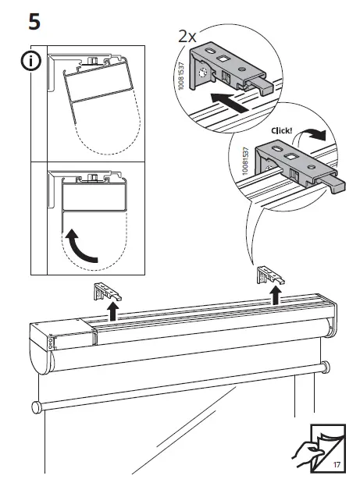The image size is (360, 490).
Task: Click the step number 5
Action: [x=34, y=20]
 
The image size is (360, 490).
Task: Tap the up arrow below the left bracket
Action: [x=112, y=313]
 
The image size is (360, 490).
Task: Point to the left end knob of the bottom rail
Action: [x=36, y=407]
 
